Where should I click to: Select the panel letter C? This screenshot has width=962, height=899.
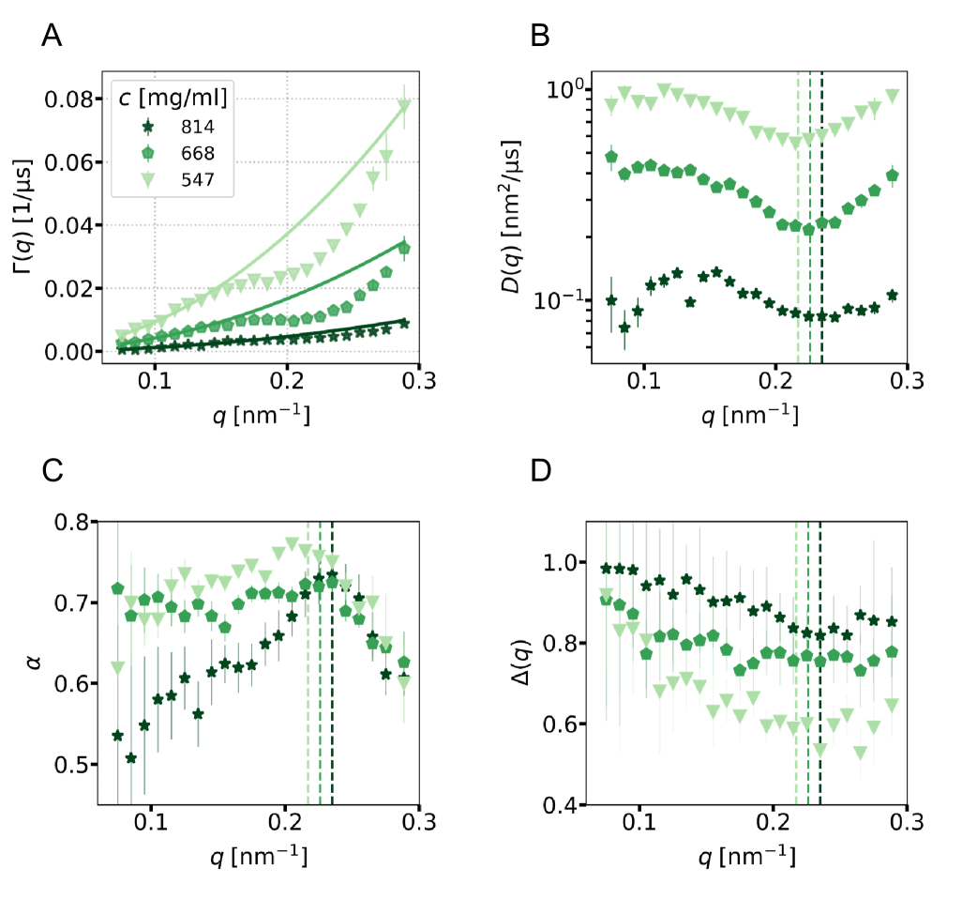53,473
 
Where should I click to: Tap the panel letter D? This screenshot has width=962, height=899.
541,473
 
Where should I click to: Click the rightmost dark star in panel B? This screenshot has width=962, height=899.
892,295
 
